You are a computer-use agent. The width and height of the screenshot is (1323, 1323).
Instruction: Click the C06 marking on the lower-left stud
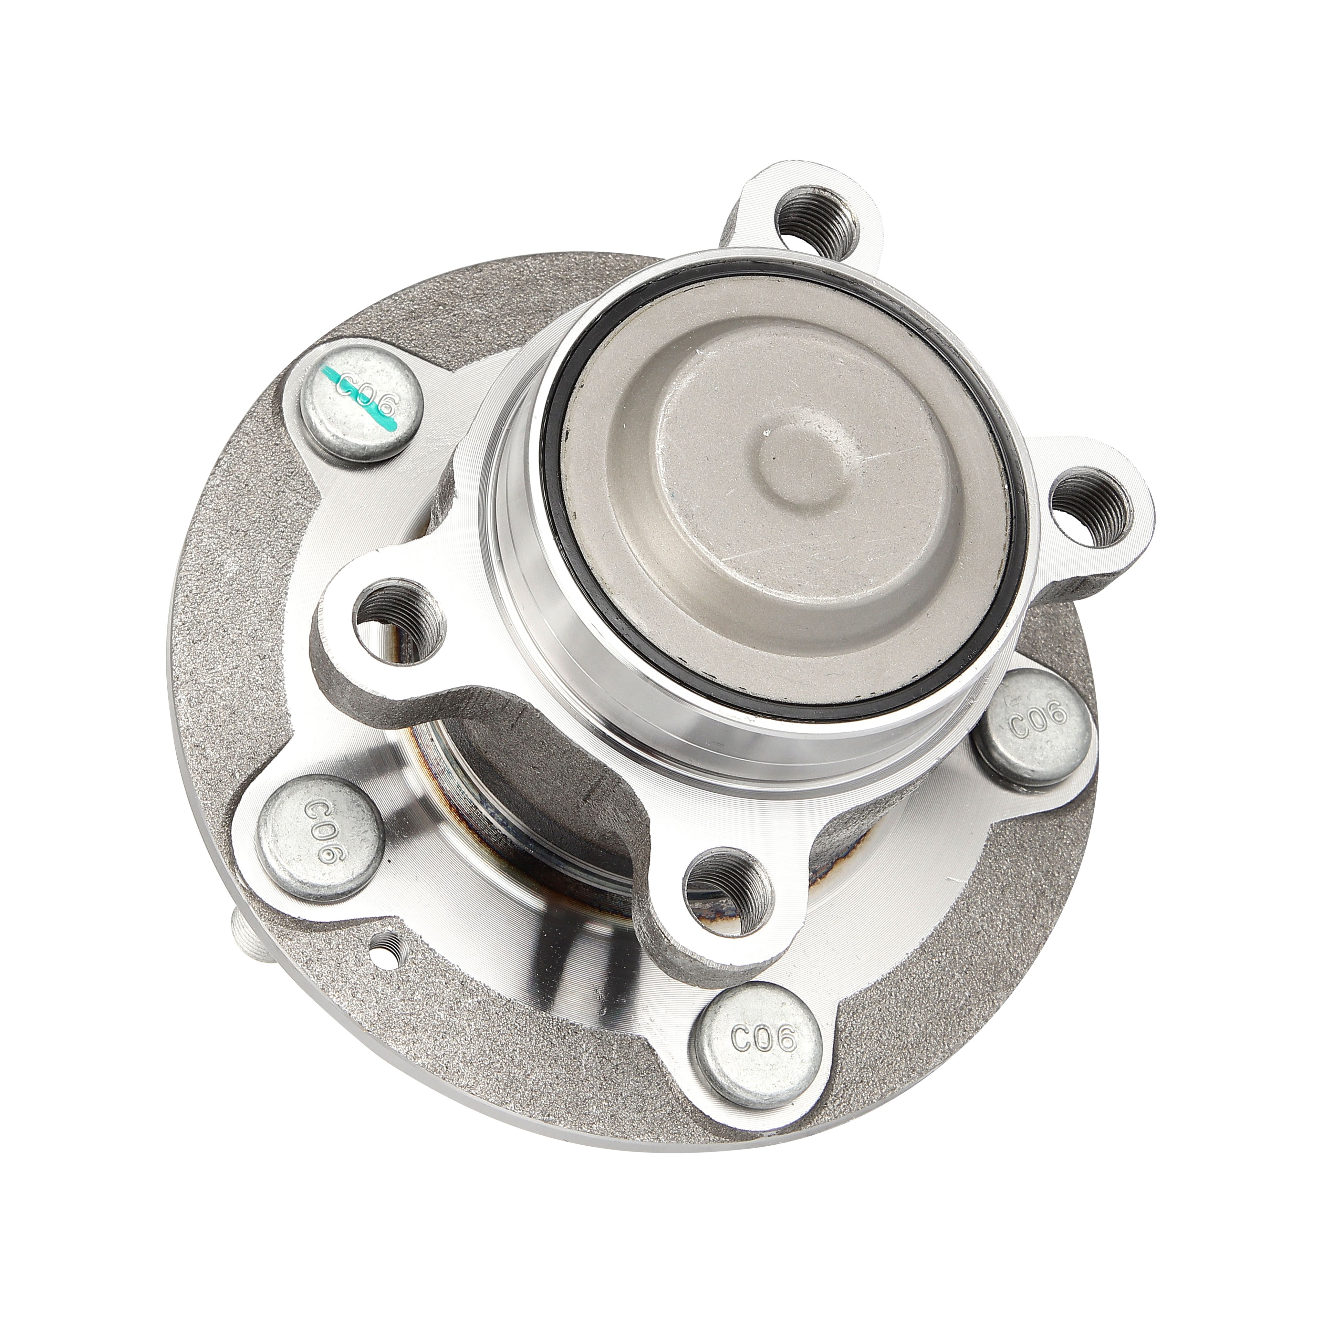320,834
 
